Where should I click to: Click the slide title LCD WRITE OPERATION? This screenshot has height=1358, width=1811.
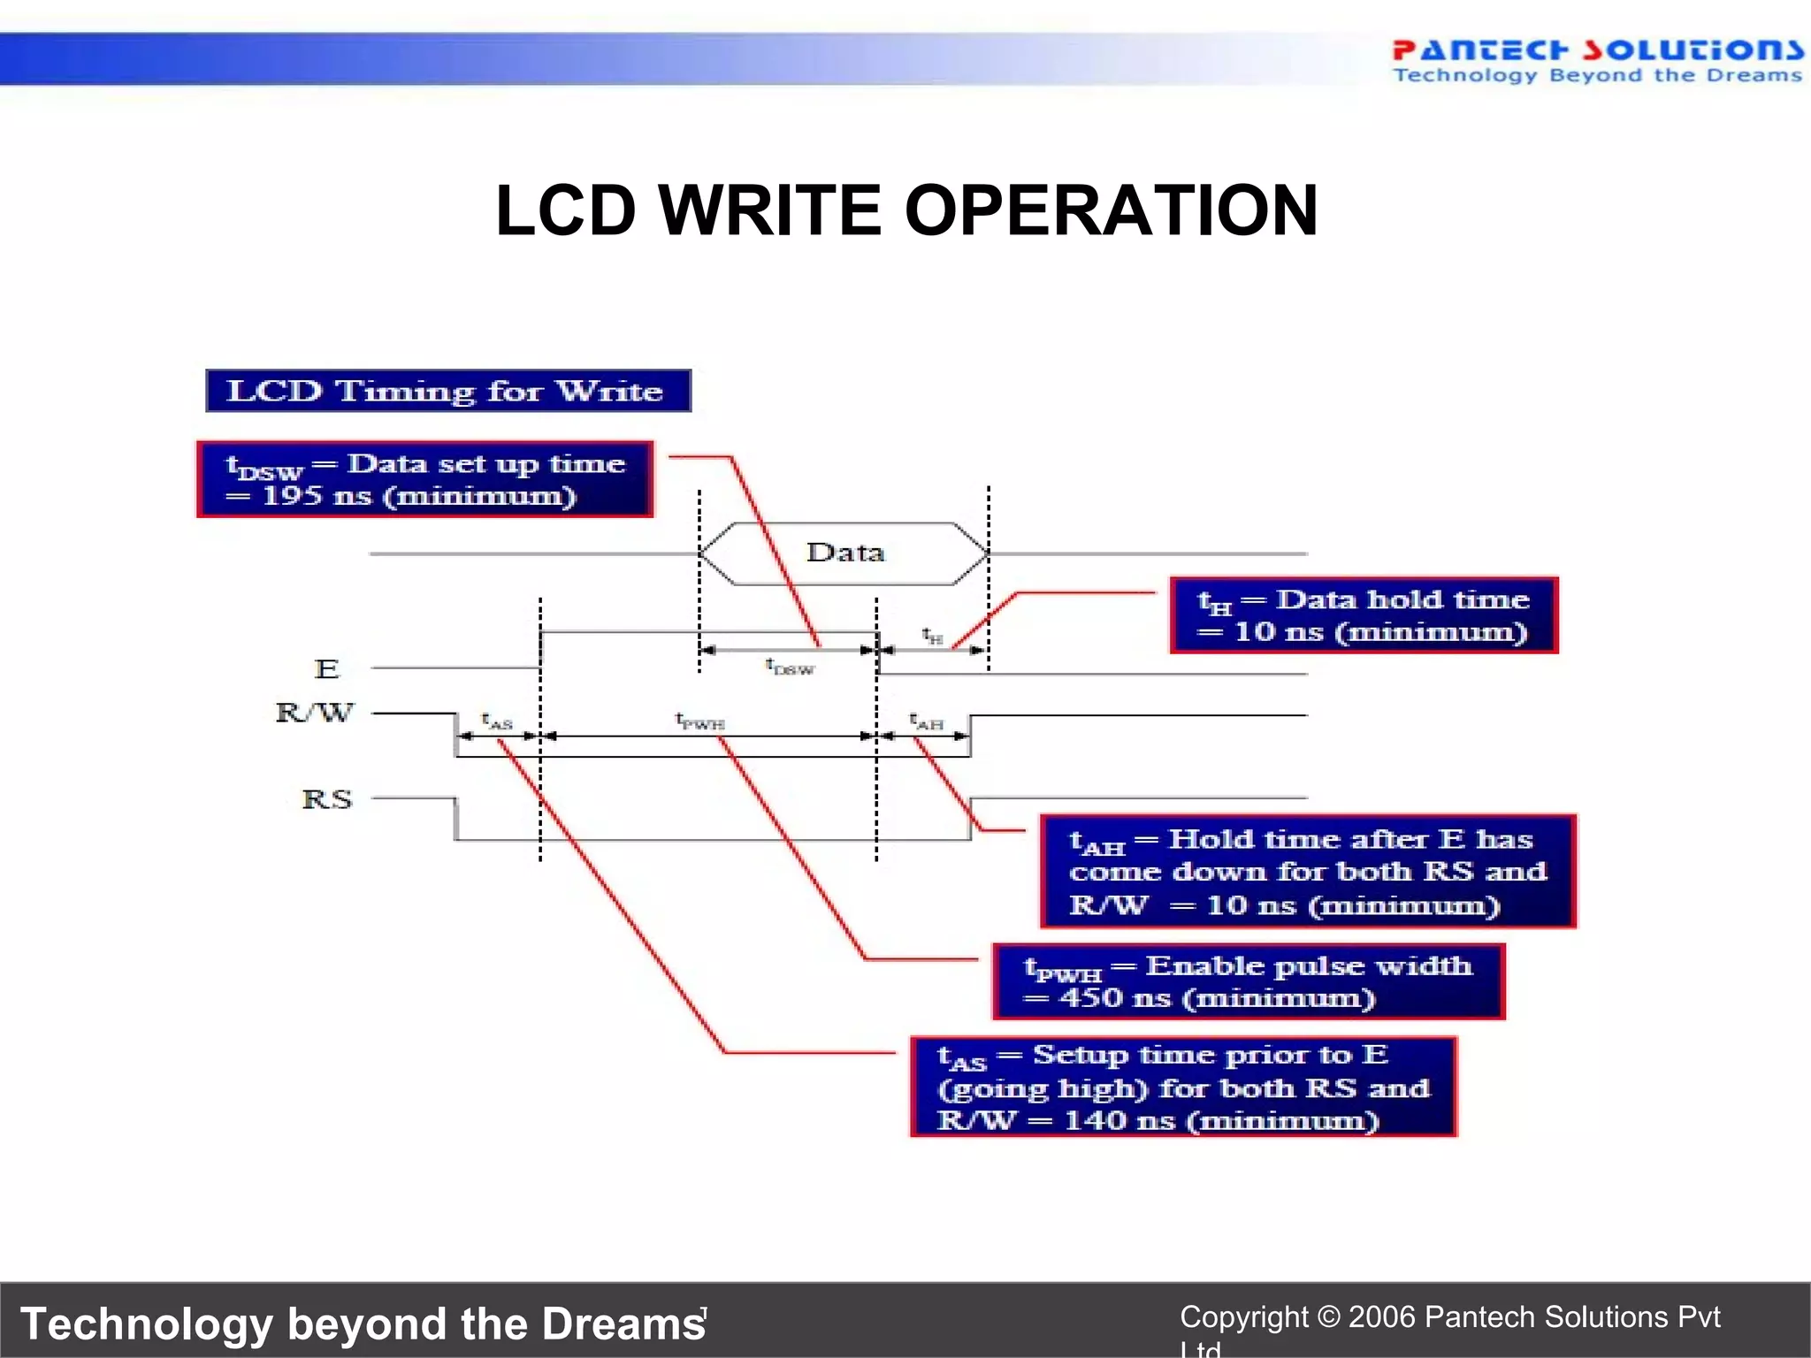906,210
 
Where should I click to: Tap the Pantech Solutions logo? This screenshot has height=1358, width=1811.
1596,60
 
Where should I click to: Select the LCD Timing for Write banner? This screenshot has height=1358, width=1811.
447,391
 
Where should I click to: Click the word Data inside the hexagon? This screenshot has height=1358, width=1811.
844,553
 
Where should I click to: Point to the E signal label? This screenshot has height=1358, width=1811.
326,668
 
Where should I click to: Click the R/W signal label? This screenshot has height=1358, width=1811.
315,713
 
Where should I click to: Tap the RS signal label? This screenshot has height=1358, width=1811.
326,799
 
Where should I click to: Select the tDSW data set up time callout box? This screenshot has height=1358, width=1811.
424,479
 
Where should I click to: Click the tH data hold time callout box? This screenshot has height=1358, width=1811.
1363,615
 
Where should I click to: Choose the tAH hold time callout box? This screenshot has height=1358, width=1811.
1308,872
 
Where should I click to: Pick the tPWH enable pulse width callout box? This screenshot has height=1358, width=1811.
1248,981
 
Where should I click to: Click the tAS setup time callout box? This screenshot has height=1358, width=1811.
1183,1087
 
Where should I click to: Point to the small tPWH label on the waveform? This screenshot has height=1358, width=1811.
699,721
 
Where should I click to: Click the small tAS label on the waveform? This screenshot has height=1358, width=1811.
497,721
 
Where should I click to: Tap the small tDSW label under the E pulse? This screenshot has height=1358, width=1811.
789,667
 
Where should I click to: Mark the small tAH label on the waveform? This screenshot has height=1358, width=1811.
927,721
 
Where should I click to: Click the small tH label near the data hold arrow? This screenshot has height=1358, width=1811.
932,636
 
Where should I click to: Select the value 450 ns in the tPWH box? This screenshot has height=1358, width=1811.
1115,998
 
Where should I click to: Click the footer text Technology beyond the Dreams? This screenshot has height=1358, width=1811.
363,1324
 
